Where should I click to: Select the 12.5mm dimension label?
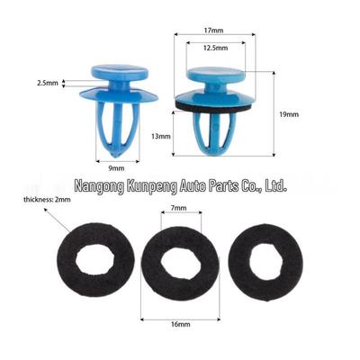click(215, 48)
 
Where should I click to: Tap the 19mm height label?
click(289, 114)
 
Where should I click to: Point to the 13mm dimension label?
click(161, 137)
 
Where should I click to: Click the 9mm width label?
click(116, 168)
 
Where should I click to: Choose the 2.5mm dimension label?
click(48, 84)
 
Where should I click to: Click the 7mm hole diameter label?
click(178, 208)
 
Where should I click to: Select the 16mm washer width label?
click(181, 324)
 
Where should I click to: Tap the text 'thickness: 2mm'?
click(48, 199)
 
